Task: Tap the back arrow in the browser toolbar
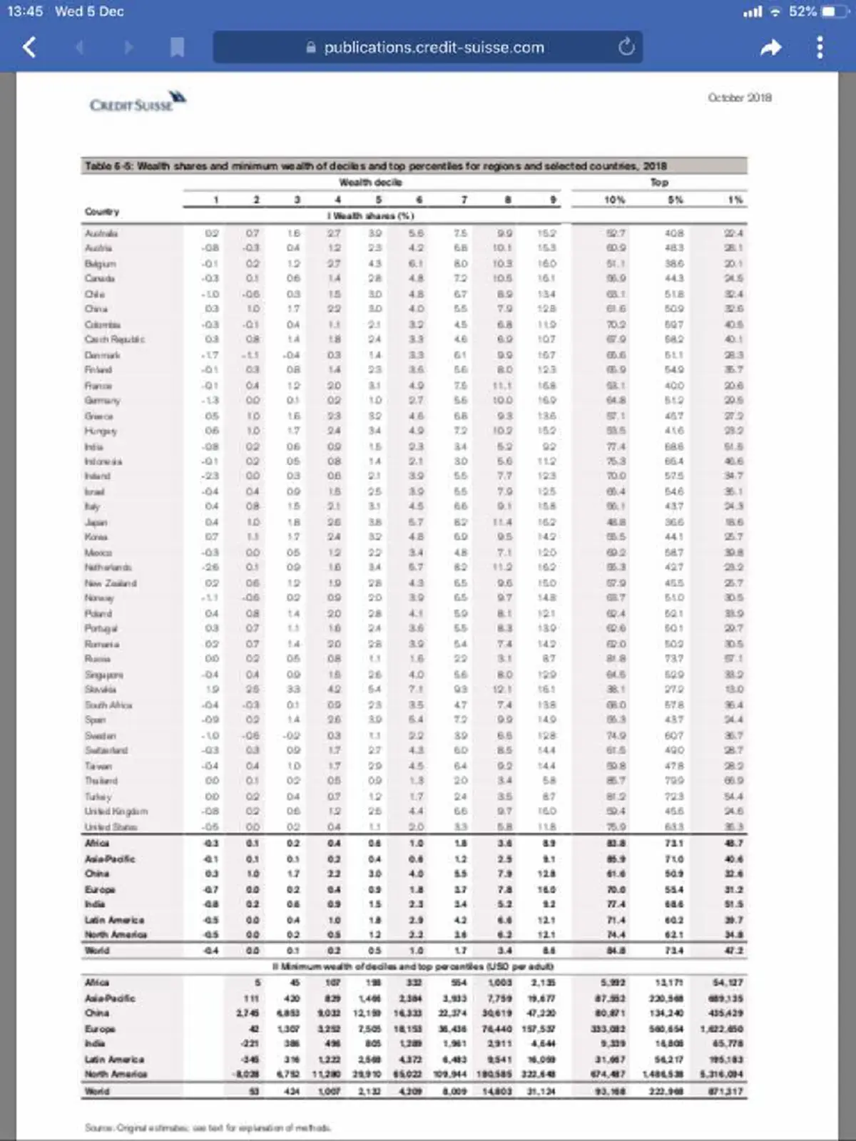click(29, 48)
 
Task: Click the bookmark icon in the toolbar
click(177, 48)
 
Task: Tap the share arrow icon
click(770, 48)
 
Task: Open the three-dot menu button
click(820, 48)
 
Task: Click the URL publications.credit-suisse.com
click(434, 48)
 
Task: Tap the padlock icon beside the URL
click(310, 48)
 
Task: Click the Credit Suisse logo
click(138, 102)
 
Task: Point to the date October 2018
click(740, 98)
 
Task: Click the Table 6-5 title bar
click(414, 165)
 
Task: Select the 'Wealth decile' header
click(370, 183)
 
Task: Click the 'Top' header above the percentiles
click(659, 183)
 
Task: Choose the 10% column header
click(614, 200)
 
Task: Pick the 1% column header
click(735, 200)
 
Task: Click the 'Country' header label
click(102, 212)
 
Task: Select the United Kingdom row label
click(116, 812)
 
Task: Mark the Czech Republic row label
click(114, 339)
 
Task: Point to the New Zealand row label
click(111, 583)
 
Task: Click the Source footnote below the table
click(207, 1127)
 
